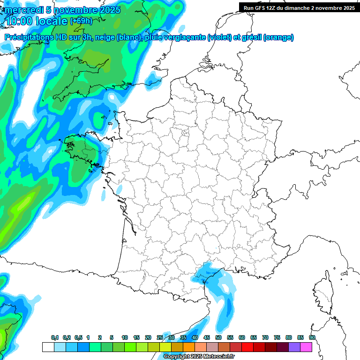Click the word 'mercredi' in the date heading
coord(23,10)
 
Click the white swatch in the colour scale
coord(48,347)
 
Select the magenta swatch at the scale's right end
coord(306,347)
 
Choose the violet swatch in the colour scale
coord(294,347)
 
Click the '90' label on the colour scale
coord(312,337)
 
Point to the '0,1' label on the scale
coord(55,337)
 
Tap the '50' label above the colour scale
coord(218,337)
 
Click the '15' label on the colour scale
coord(136,337)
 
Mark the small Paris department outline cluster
coord(185,133)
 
